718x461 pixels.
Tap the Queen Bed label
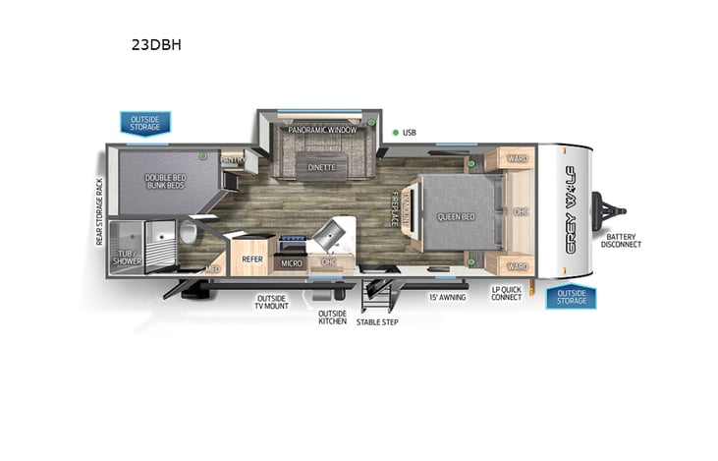[x=456, y=215]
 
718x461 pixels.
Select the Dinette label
[x=321, y=167]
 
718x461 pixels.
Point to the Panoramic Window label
[x=321, y=130]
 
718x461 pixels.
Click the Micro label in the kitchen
[x=291, y=263]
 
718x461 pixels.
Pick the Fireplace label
[x=396, y=209]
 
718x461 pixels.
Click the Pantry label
[x=233, y=158]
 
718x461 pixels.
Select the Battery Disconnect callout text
[x=623, y=240]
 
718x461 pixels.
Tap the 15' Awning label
[x=446, y=296]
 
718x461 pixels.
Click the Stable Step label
[x=377, y=321]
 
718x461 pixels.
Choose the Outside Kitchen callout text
[x=331, y=317]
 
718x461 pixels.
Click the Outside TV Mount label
[x=272, y=303]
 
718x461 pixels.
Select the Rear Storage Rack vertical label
[x=99, y=211]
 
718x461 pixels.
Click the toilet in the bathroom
[x=188, y=234]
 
